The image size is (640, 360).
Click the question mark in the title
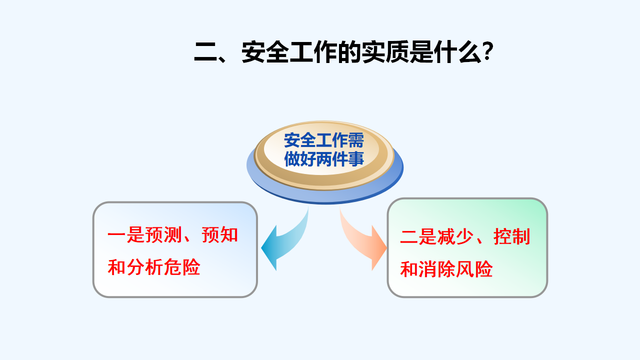point(487,51)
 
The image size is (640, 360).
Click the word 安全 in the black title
point(265,52)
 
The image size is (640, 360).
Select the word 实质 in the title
point(385,52)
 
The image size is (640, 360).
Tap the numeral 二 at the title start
point(205,52)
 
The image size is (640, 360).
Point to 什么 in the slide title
point(457,52)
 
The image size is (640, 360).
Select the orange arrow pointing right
point(362,241)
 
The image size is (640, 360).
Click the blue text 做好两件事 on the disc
point(324,159)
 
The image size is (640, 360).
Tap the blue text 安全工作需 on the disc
point(324,140)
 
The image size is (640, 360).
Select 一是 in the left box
point(126,235)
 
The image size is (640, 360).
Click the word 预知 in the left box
point(219,235)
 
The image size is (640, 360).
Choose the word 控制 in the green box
point(512,236)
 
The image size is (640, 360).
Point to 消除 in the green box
point(437,269)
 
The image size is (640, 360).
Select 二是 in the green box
point(418,236)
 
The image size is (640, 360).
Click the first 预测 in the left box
point(163,235)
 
